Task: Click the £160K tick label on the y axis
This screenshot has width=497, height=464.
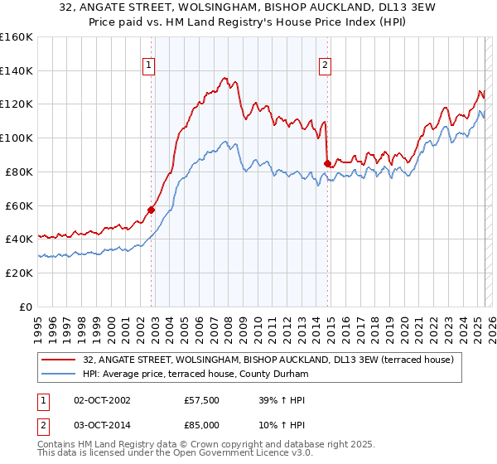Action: (x=17, y=37)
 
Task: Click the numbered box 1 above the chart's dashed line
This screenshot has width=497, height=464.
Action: (x=149, y=65)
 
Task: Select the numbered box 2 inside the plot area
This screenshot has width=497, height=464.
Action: (x=326, y=65)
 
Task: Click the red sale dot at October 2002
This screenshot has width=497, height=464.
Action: (x=152, y=210)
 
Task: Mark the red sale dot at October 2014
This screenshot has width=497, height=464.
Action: (x=327, y=163)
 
